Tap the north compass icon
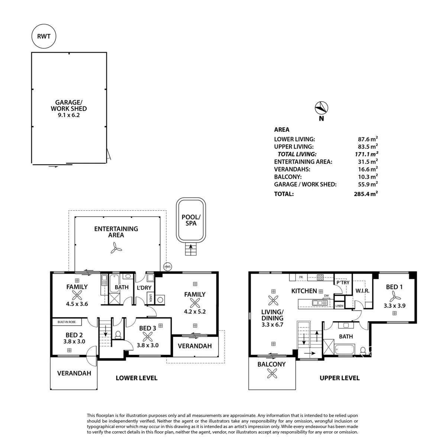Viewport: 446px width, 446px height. pyautogui.click(x=321, y=108)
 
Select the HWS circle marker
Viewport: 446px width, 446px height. pyautogui.click(x=168, y=267)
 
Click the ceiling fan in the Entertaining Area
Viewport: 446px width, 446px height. pyautogui.click(x=116, y=248)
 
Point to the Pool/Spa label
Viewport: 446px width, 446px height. pyautogui.click(x=191, y=220)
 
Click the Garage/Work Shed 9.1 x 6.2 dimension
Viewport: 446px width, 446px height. pyautogui.click(x=69, y=115)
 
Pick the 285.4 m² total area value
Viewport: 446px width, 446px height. pyautogui.click(x=366, y=194)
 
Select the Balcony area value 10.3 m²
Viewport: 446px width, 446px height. pyautogui.click(x=368, y=177)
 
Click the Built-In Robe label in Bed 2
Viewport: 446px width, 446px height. pyautogui.click(x=67, y=322)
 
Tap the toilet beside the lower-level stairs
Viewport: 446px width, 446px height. pyautogui.click(x=118, y=335)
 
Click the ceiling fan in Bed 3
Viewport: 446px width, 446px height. pyautogui.click(x=148, y=337)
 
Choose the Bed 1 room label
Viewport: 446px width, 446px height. pyautogui.click(x=394, y=287)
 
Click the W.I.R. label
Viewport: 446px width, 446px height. pyautogui.click(x=362, y=291)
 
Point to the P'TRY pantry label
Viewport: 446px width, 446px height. pyautogui.click(x=343, y=282)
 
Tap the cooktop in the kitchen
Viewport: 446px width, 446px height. pyautogui.click(x=320, y=277)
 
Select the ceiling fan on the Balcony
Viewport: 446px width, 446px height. pyautogui.click(x=272, y=373)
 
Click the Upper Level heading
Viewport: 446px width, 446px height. pyautogui.click(x=340, y=378)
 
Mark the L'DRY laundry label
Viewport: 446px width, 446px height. pyautogui.click(x=144, y=288)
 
